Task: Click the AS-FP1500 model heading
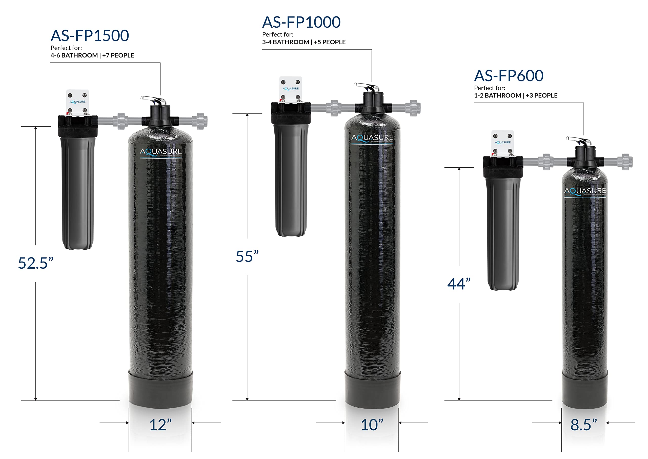click(90, 36)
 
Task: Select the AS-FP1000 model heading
click(301, 22)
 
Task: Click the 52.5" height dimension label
click(36, 263)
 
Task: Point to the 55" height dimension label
click(247, 256)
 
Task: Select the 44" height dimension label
click(459, 284)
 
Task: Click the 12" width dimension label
click(160, 425)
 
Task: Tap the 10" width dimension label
click(372, 425)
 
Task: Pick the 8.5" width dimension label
click(583, 425)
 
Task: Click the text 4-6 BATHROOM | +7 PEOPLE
click(92, 55)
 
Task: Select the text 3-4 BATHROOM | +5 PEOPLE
click(303, 42)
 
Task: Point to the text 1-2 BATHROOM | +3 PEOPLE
click(515, 95)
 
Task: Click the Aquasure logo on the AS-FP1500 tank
click(161, 152)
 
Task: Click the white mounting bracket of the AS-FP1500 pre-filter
click(77, 102)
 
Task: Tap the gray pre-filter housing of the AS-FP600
click(503, 235)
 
